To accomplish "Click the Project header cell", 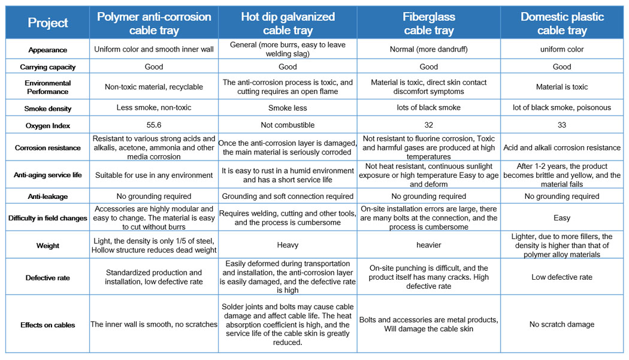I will tap(48, 23).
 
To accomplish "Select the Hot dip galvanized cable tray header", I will tap(288, 23).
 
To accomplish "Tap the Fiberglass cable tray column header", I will tap(428, 23).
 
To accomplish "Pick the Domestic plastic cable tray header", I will tap(562, 23).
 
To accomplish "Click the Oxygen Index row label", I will tap(48, 126).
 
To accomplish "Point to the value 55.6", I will tap(154, 125).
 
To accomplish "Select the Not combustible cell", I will tap(288, 125).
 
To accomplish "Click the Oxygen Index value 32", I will tap(428, 125).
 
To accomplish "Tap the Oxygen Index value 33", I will tap(562, 125).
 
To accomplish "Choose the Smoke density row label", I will tap(48, 109).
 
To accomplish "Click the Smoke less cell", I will tap(288, 108).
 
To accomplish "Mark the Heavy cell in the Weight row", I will tap(288, 246).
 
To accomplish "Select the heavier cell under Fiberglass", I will tap(428, 246).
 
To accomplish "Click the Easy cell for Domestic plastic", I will tap(562, 218).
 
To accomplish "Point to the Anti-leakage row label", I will tap(48, 196).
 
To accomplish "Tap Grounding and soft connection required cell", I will tap(288, 196).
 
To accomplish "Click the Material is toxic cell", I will tap(562, 87).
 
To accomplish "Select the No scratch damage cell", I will tap(562, 325).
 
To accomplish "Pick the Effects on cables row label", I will tap(48, 325).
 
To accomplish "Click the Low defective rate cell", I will tap(562, 277).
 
